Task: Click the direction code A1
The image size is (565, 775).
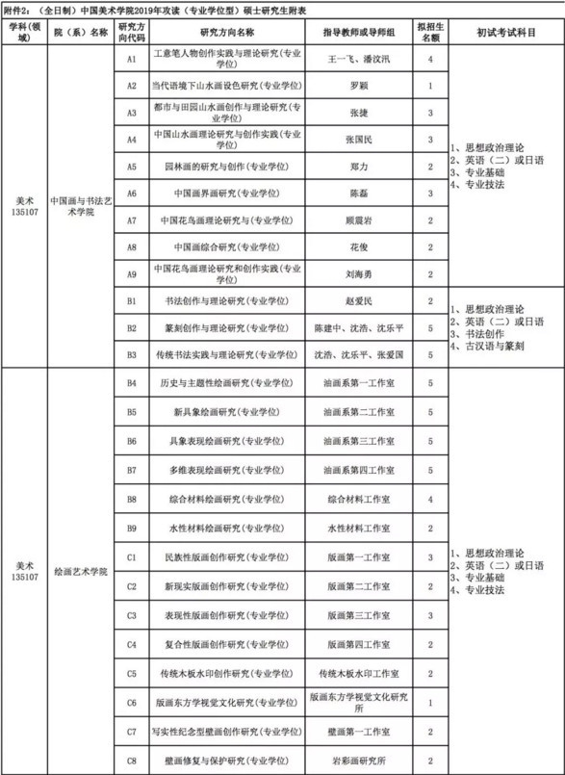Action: pyautogui.click(x=133, y=59)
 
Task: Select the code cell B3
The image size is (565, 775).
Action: pyautogui.click(x=133, y=355)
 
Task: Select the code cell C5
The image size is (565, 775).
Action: pyautogui.click(x=133, y=674)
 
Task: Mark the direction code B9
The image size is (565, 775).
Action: pyautogui.click(x=133, y=529)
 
